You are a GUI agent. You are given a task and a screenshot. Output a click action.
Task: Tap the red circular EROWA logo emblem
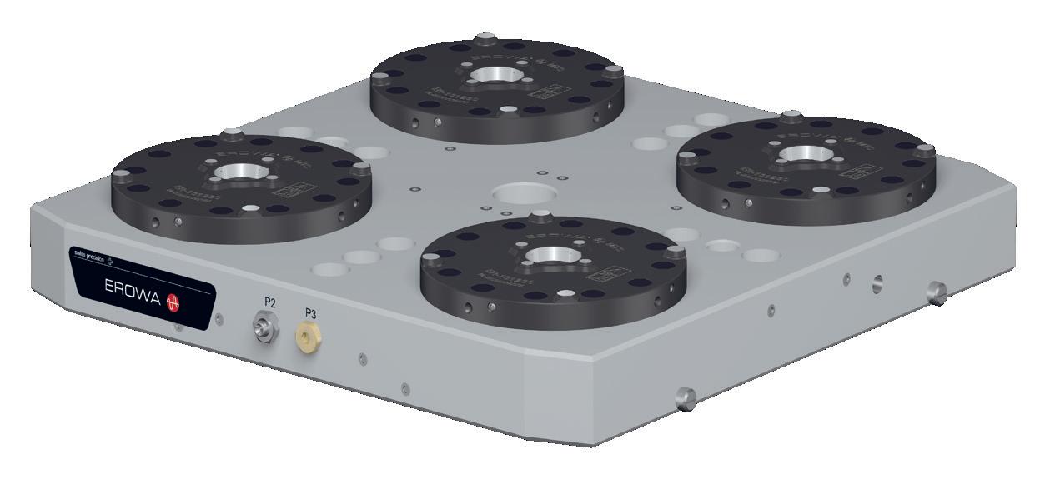(174, 303)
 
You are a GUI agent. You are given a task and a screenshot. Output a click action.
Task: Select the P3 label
(310, 313)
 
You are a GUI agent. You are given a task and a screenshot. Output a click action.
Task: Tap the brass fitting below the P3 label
(307, 336)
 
